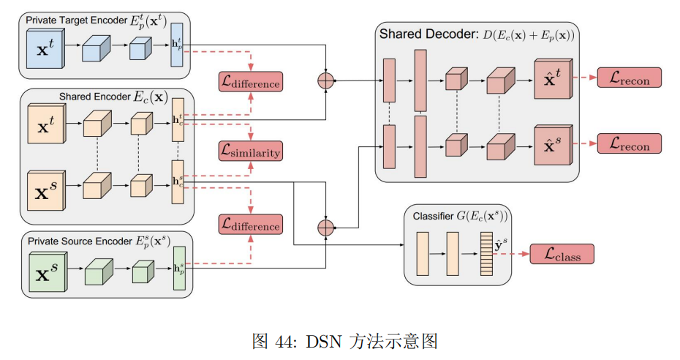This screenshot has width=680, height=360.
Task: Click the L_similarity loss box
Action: tap(250, 151)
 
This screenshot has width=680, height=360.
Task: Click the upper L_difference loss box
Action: tap(250, 82)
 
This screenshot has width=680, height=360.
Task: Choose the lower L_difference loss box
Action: tap(250, 225)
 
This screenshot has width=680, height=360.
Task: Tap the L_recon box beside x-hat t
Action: tap(629, 78)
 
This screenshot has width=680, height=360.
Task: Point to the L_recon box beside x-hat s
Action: tap(629, 143)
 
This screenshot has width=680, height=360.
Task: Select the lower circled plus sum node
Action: tap(325, 228)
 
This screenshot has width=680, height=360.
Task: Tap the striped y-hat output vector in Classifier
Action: tap(486, 253)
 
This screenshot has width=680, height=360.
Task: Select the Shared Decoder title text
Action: tap(476, 34)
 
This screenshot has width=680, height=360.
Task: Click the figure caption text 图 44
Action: tap(344, 340)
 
